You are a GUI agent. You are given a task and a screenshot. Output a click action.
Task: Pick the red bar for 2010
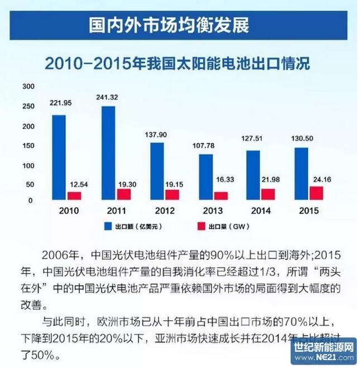coord(74,196)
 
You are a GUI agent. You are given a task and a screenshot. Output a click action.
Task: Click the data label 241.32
coord(108,98)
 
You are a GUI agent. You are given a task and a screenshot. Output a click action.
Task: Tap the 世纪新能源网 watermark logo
coord(323,351)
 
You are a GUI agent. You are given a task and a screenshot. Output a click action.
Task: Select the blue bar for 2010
coord(59,157)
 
